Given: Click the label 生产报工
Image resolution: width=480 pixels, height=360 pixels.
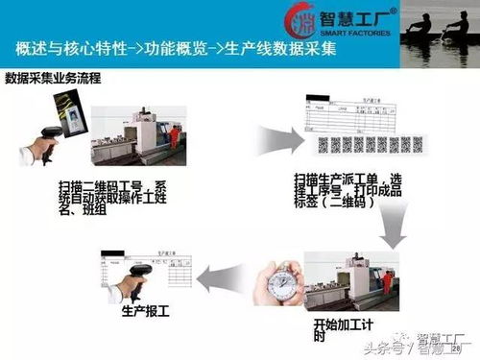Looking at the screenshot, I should (143, 312).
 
